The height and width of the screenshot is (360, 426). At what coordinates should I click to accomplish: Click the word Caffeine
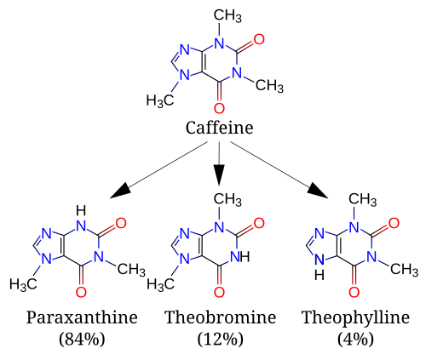pos(219,128)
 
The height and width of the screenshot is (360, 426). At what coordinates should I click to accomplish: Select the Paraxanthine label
pos(82,317)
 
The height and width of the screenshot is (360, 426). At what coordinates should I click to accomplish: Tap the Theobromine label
pos(220,317)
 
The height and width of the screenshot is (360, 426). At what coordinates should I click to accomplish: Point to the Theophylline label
pos(355,317)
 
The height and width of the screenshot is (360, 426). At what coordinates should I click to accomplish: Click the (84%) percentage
pos(82,339)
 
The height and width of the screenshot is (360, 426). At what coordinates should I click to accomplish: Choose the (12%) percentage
pos(220,339)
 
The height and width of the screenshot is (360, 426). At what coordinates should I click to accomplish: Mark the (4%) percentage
pos(355,339)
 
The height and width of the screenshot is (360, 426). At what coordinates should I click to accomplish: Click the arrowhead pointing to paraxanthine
pos(121,191)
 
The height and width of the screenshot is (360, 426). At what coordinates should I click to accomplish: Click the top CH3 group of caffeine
pos(227,15)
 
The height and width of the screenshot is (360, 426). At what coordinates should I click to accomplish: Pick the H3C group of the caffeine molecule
pos(160,100)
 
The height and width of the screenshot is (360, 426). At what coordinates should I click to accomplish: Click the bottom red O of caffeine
pos(219,108)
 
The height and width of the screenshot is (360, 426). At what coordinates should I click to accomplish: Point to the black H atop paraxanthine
pos(81,211)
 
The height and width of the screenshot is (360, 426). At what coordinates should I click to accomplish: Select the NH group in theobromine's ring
pos(240,257)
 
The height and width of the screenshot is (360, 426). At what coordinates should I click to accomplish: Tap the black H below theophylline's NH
pos(319,275)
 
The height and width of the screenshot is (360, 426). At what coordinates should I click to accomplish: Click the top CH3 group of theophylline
pos(363,199)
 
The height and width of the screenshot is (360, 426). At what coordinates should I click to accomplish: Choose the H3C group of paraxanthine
pos(23,284)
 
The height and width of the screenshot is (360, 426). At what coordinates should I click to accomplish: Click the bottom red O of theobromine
pos(219,292)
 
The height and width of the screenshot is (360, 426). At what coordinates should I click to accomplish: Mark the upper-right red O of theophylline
pos(394,223)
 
